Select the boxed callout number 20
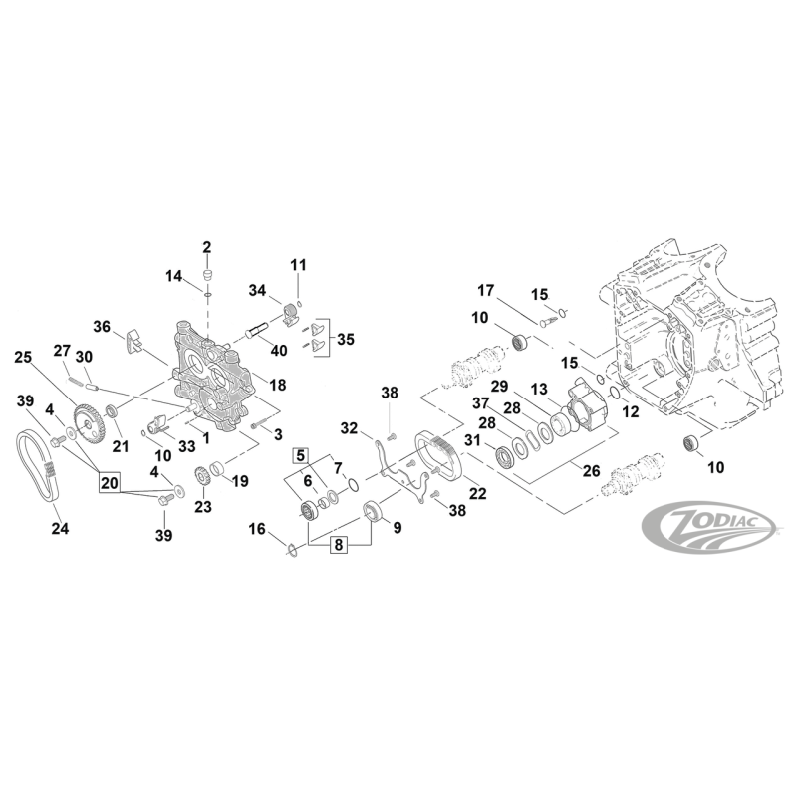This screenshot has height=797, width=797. click(x=109, y=483)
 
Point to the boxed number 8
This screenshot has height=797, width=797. click(x=338, y=545)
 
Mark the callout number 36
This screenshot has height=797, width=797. click(x=102, y=326)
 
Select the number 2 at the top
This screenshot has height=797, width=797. click(x=207, y=247)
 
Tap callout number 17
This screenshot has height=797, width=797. click(x=485, y=291)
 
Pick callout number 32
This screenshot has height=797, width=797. click(x=349, y=429)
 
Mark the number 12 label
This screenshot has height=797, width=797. click(x=630, y=411)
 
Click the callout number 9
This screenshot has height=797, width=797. click(x=397, y=528)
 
